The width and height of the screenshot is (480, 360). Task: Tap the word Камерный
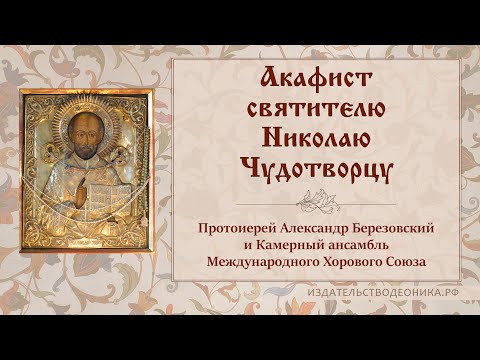pos(293,246)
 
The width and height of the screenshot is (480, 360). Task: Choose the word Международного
pos(258,263)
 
